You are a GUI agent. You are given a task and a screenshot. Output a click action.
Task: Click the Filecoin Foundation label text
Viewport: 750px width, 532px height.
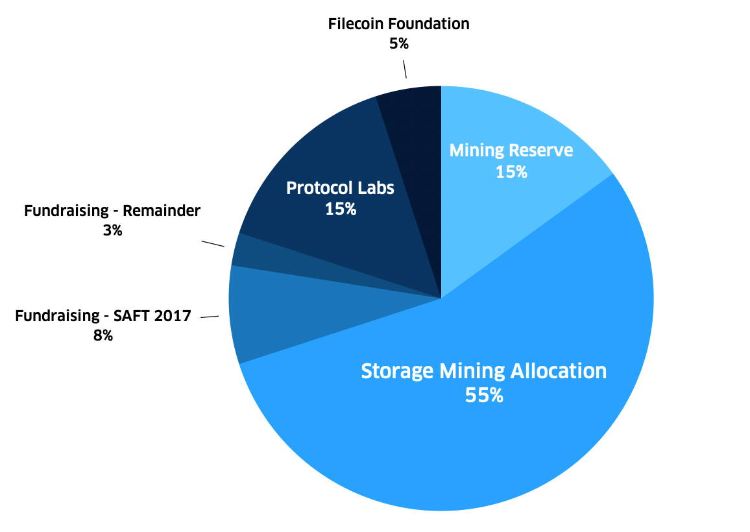(x=398, y=25)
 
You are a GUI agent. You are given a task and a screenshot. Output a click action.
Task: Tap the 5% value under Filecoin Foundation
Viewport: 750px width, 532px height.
(x=398, y=44)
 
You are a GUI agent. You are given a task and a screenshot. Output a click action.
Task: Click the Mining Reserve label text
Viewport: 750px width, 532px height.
(x=511, y=151)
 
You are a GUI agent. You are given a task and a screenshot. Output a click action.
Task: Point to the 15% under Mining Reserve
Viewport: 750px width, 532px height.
(x=511, y=172)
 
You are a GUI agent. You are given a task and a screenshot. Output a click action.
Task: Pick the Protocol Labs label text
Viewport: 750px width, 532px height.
(x=341, y=188)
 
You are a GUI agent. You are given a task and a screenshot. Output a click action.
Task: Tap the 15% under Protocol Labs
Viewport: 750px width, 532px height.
(x=341, y=209)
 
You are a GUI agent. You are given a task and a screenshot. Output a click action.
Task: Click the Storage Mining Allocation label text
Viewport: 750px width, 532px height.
(x=483, y=371)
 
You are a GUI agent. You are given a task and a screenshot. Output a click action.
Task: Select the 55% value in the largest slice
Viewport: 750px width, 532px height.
(x=484, y=395)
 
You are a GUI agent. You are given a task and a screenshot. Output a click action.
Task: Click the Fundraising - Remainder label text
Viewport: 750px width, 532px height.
(x=112, y=211)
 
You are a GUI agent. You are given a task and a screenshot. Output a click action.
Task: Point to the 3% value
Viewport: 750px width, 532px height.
(x=112, y=230)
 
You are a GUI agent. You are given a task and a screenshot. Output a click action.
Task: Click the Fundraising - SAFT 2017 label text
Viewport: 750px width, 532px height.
(x=103, y=316)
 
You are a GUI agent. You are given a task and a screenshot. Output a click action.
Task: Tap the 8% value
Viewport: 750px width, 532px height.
(x=103, y=335)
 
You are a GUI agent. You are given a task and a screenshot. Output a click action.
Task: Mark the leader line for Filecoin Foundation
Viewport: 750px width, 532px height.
(x=405, y=69)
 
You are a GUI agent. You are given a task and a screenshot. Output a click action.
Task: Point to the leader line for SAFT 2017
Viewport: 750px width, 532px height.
(x=210, y=317)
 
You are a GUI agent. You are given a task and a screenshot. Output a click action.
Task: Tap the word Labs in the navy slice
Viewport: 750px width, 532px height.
(x=376, y=188)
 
